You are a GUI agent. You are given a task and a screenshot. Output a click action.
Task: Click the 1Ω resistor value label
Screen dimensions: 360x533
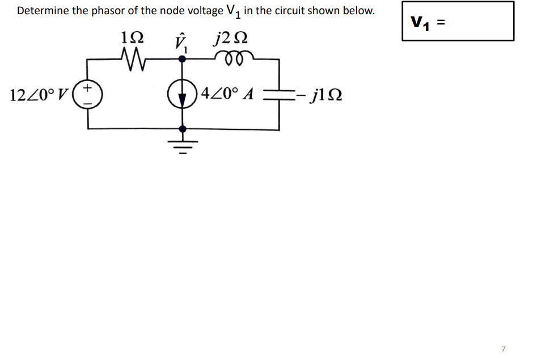click(x=133, y=39)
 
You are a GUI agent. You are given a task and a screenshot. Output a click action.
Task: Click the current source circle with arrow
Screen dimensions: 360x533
click(x=182, y=94)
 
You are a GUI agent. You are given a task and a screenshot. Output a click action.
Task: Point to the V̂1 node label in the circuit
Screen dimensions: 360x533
click(x=181, y=41)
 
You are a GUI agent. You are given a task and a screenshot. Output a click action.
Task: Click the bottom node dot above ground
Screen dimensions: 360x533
click(x=182, y=129)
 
